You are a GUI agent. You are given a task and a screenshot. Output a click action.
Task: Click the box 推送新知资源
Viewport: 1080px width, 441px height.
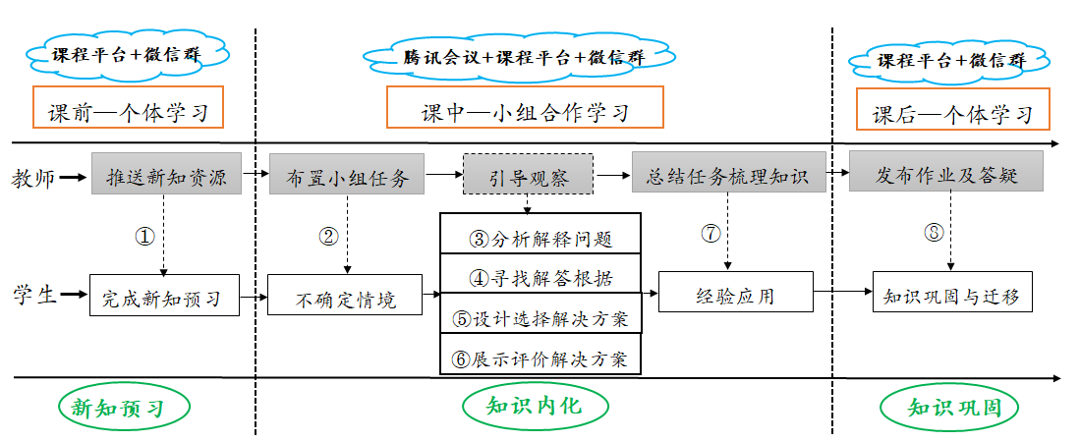(x=167, y=174)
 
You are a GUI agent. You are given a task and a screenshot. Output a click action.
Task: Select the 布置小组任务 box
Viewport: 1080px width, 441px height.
(x=347, y=174)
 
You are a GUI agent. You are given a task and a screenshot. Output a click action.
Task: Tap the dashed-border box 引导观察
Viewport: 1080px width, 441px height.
(x=527, y=174)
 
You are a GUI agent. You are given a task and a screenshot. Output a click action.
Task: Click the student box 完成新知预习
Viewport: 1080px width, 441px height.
(x=165, y=296)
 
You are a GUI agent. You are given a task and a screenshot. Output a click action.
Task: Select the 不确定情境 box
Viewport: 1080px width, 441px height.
(x=344, y=296)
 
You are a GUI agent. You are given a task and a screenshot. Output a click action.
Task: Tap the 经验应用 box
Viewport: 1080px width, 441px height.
(x=736, y=292)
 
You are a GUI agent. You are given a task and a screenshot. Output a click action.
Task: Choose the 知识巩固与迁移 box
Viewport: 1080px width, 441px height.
(x=952, y=292)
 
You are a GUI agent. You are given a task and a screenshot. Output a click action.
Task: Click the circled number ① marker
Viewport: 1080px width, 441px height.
(x=144, y=237)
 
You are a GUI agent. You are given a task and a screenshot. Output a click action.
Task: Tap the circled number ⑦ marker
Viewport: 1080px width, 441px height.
(x=711, y=234)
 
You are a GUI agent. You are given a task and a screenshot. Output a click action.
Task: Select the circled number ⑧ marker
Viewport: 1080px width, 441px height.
(x=934, y=234)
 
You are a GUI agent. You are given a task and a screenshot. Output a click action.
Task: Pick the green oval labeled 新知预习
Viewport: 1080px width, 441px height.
(x=124, y=408)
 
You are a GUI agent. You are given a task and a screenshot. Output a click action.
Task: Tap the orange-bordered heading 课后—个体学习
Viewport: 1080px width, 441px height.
(x=952, y=109)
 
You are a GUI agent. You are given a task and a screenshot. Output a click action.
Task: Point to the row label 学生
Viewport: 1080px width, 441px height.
(x=33, y=296)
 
